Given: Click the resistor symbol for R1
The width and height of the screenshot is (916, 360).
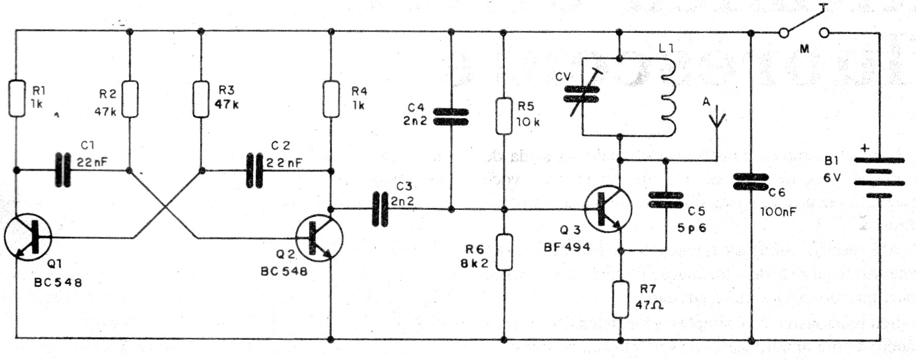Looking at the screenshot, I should pyautogui.click(x=17, y=97).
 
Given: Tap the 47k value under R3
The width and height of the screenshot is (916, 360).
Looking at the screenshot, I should pyautogui.click(x=226, y=103).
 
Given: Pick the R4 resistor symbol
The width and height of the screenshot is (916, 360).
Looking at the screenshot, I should pyautogui.click(x=331, y=98).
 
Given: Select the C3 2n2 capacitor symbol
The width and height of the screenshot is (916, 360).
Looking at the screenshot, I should pyautogui.click(x=380, y=209).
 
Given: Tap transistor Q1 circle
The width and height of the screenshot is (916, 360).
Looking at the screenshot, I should pyautogui.click(x=28, y=237).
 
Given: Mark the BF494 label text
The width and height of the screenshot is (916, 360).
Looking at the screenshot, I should pyautogui.click(x=566, y=247).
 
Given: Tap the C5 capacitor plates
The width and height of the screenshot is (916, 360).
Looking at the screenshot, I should pyautogui.click(x=665, y=200).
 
